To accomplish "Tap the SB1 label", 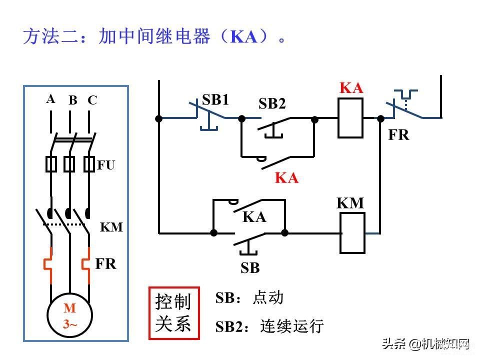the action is click(x=215, y=99).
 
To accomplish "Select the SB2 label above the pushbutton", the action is click(x=272, y=103).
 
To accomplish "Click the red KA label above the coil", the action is click(x=351, y=88).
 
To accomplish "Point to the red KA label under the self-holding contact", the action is click(x=286, y=177).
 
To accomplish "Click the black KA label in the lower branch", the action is click(x=254, y=217).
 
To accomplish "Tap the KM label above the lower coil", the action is click(x=350, y=203).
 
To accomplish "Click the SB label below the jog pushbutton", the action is click(x=250, y=268).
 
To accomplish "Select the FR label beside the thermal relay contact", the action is click(x=398, y=135).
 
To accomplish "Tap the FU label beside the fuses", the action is click(x=106, y=165).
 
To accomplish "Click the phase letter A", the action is click(x=51, y=99).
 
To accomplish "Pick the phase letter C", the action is click(x=92, y=100).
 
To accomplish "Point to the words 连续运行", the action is click(x=292, y=326).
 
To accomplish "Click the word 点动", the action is click(x=268, y=297).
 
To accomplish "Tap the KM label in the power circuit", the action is click(x=111, y=227).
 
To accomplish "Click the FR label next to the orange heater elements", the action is click(x=106, y=264).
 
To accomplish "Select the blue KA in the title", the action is click(x=244, y=36).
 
